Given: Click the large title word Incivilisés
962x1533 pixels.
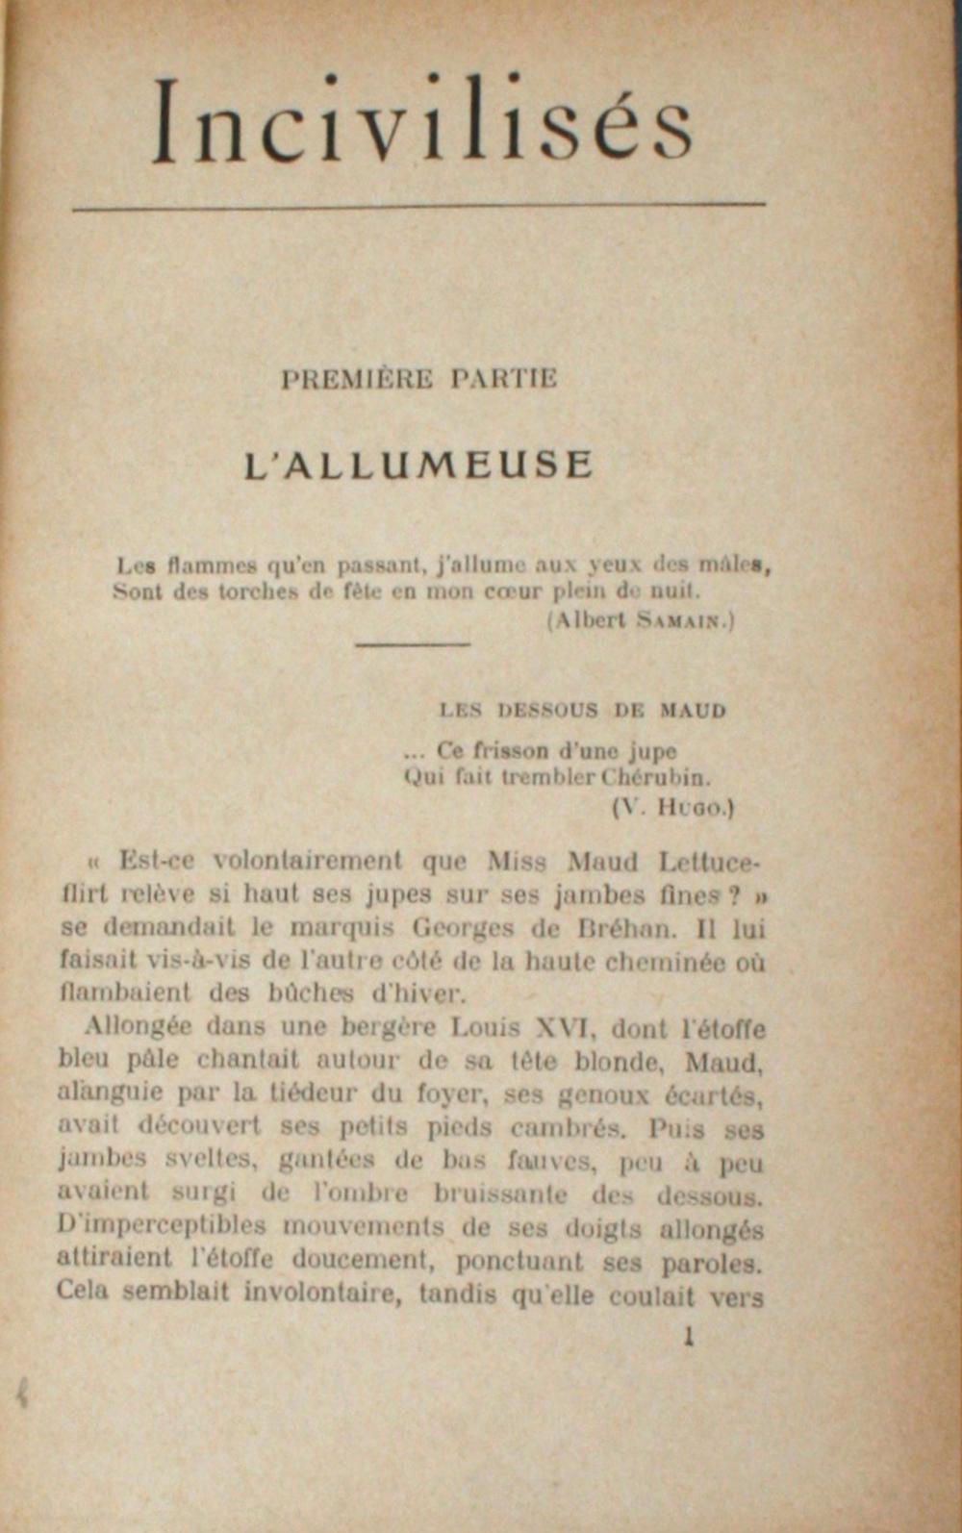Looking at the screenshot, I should [x=423, y=123].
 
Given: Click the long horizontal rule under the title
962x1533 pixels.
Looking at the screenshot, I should [x=418, y=205].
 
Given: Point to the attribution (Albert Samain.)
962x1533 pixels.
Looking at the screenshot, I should [x=640, y=620].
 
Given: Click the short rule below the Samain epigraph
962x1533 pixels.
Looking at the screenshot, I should [x=412, y=644].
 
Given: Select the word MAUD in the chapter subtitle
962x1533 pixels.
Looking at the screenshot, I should [x=693, y=711].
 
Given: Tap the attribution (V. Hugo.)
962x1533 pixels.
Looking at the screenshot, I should [x=673, y=808].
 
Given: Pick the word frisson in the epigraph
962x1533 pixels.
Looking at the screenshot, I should [x=509, y=750].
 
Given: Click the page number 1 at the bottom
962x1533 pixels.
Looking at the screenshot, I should [x=687, y=1336].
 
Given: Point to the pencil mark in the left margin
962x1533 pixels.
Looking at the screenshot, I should [x=21, y=1394].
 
